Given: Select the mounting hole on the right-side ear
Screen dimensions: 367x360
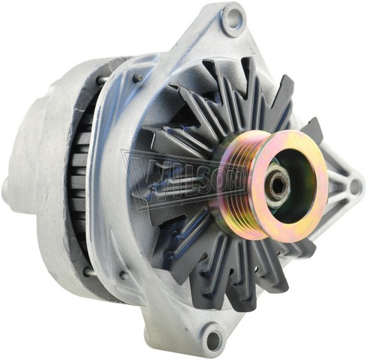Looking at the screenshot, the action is pyautogui.click(x=354, y=186).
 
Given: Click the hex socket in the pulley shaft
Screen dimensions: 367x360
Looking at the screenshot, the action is pyautogui.click(x=278, y=185).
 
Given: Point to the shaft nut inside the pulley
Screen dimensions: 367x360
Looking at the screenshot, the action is pyautogui.click(x=277, y=186).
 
